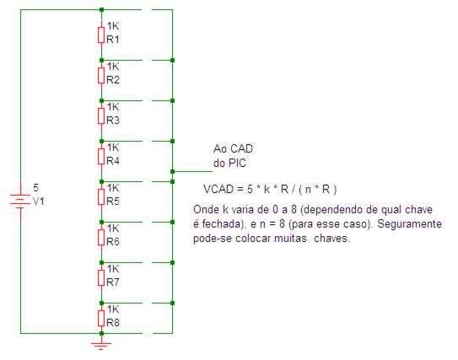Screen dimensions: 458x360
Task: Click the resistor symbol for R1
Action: coord(101,35)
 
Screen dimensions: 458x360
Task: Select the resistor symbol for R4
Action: coord(101,157)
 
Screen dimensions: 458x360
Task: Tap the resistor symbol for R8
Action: coord(101,318)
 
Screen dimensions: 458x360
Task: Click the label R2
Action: coord(113,80)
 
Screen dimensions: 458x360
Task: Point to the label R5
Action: coord(113,201)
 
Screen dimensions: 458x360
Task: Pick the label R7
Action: coord(113,282)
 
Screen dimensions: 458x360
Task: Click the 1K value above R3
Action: coord(113,107)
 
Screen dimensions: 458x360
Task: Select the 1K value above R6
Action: coord(113,228)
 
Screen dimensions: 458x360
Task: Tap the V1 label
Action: coord(39,201)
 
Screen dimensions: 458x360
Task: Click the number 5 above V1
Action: coord(35,188)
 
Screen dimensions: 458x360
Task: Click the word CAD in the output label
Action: coord(241,149)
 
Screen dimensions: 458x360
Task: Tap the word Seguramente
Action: coord(410,224)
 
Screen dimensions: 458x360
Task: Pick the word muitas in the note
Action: coord(290,239)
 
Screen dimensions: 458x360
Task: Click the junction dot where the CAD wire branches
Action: coord(172,171)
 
